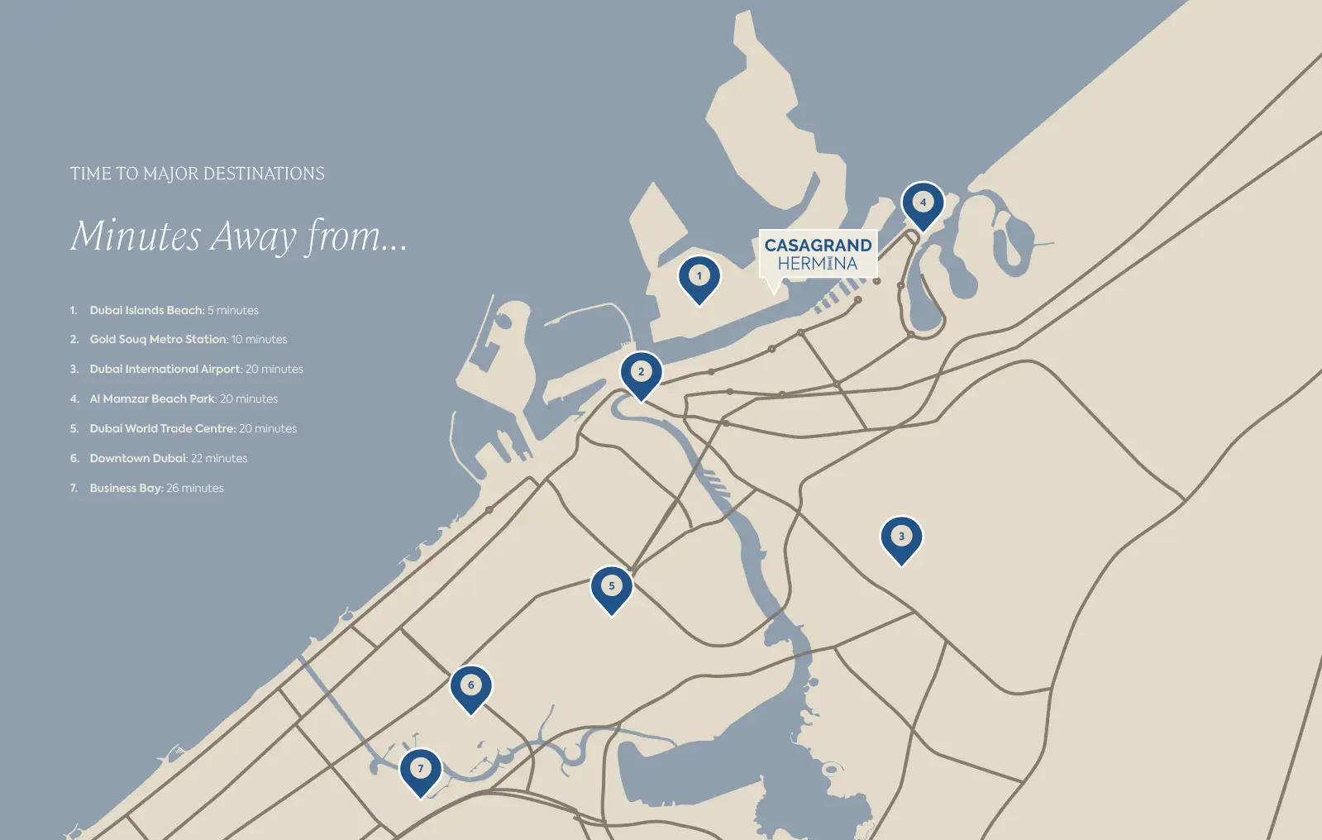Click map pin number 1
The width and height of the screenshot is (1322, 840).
point(699,277)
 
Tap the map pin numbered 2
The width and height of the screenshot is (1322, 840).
point(641,373)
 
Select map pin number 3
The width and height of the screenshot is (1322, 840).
point(901,537)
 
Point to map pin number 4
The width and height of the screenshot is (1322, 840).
point(923,203)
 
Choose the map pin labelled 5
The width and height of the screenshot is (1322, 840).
point(611,587)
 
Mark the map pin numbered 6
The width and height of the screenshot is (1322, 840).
point(470,686)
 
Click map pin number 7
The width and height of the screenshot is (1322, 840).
point(420,770)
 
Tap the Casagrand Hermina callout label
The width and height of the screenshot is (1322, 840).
point(818,255)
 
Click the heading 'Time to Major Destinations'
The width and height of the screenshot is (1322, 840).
point(197,174)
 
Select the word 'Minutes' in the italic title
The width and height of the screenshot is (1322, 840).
point(136,236)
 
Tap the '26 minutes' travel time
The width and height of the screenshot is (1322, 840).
point(195,488)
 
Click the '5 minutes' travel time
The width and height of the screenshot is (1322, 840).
point(233,310)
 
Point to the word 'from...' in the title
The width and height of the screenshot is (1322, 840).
point(357,236)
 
